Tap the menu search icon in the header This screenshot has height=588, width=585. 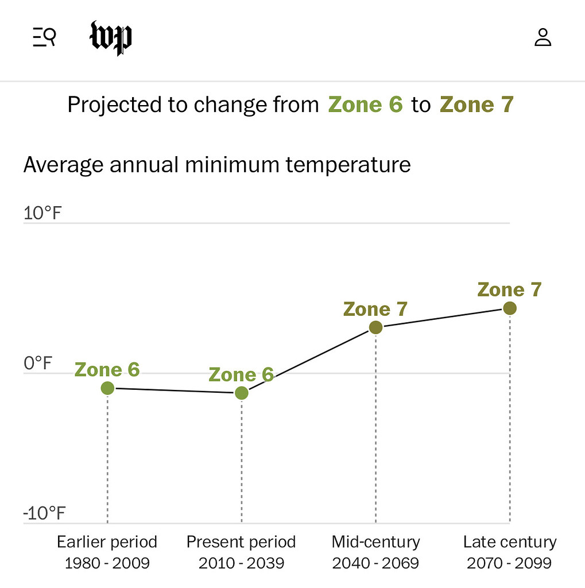(44, 38)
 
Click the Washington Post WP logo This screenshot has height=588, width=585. (111, 38)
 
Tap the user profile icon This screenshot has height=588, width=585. (543, 38)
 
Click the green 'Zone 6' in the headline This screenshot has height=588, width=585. (365, 105)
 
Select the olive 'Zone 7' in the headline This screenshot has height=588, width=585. (476, 105)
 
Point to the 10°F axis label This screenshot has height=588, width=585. (42, 214)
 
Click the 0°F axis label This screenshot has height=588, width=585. (38, 363)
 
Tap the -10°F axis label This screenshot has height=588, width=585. (45, 513)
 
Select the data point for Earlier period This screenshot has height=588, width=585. (107, 388)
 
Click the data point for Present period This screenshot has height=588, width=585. (242, 393)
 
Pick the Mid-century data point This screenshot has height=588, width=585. (375, 327)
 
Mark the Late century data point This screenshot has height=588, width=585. (510, 308)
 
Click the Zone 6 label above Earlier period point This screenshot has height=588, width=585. (107, 370)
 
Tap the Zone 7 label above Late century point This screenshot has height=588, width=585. (510, 290)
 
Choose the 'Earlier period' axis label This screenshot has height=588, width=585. (107, 542)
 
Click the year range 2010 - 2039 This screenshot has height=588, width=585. (242, 563)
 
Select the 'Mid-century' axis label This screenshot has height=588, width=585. (375, 542)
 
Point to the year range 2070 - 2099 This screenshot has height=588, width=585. (510, 563)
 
